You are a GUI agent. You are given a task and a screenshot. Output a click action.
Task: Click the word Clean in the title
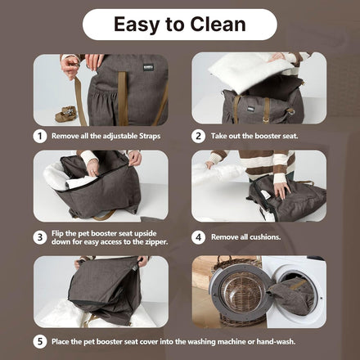[218, 25]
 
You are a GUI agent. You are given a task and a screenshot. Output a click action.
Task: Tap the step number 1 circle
[40, 136]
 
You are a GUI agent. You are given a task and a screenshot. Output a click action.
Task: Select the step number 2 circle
[198, 136]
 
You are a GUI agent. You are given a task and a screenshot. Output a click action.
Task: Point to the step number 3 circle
[40, 237]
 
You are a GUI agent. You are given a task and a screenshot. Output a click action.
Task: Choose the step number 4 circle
[198, 237]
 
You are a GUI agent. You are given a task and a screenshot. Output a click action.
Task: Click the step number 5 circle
[40, 342]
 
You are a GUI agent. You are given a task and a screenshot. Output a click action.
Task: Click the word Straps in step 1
[150, 136]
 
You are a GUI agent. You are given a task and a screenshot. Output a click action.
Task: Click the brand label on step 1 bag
[148, 67]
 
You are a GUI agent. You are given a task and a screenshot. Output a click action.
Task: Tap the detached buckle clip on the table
[65, 114]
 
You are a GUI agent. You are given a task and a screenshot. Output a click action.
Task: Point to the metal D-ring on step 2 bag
[290, 111]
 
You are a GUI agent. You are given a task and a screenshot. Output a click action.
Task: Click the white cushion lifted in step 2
[250, 71]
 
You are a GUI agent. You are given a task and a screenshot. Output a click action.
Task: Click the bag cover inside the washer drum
[292, 296]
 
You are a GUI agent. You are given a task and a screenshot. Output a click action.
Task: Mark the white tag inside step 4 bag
[264, 194]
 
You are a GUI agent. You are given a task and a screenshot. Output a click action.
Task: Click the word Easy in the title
[137, 25]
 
